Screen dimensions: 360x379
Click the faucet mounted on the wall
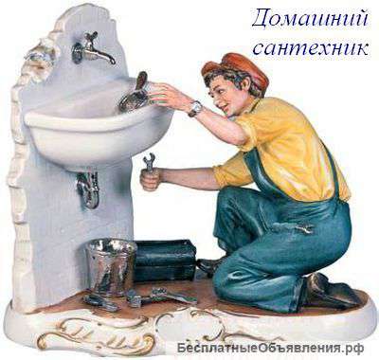(x=92, y=50)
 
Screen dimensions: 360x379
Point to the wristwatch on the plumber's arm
(x=195, y=108)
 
